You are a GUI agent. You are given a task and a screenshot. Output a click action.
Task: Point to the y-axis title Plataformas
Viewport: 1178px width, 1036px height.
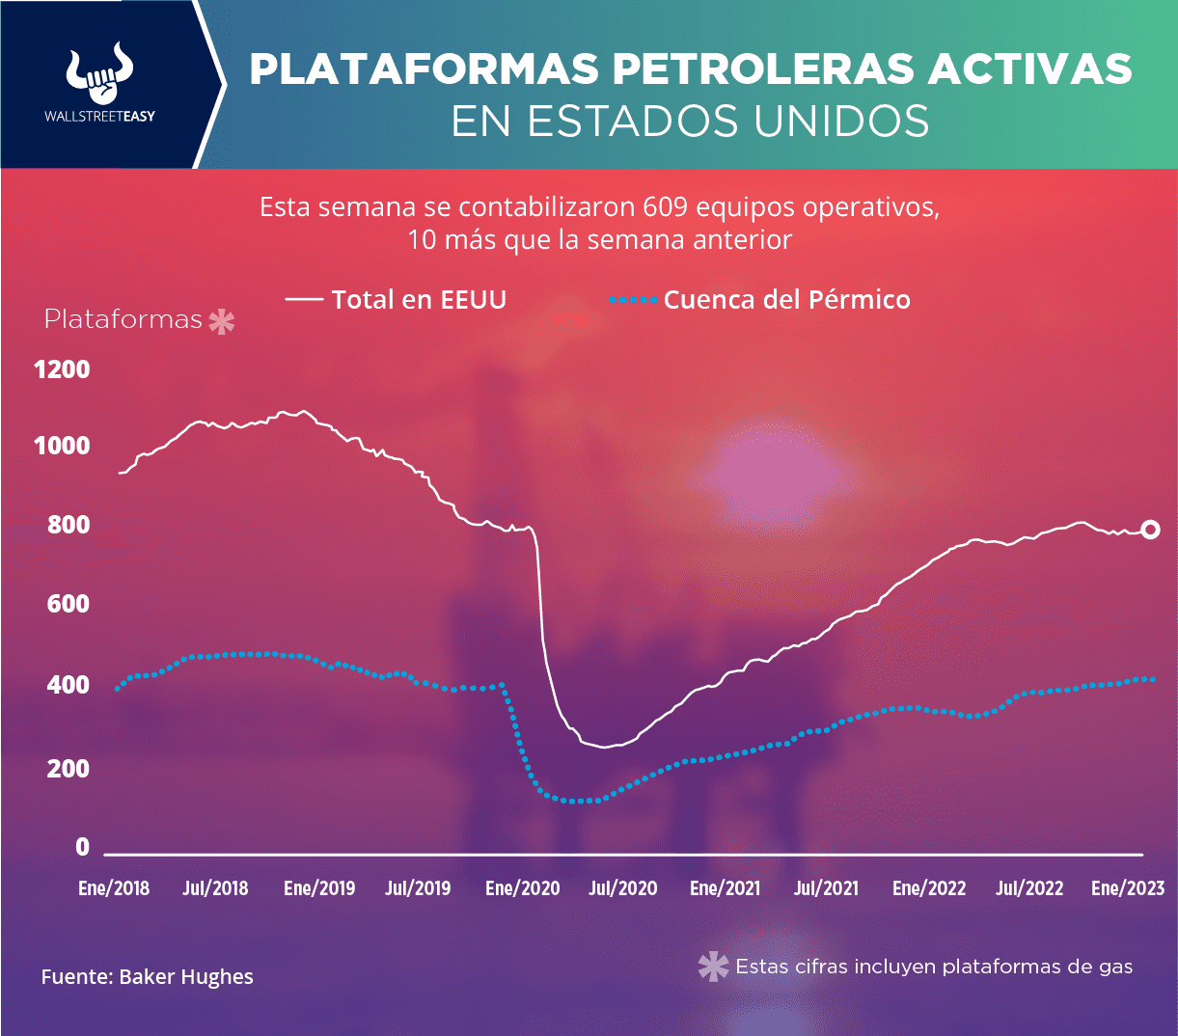(x=123, y=319)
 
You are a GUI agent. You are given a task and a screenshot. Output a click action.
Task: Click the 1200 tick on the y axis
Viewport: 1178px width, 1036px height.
(x=63, y=369)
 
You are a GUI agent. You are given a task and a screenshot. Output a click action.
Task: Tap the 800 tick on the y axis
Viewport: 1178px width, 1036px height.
(x=69, y=526)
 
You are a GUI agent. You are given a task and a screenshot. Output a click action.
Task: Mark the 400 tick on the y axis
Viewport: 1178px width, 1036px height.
(x=69, y=686)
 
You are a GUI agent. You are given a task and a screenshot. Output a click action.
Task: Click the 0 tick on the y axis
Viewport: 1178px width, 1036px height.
(x=82, y=847)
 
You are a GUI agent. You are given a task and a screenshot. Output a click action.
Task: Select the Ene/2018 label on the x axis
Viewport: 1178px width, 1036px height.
(x=114, y=888)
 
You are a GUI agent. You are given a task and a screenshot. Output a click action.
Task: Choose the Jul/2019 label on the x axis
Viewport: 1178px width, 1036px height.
(x=418, y=888)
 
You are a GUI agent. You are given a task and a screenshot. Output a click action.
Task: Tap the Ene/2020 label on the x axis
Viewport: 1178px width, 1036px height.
(x=522, y=888)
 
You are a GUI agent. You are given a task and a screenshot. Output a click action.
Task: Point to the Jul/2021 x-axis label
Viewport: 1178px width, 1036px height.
(x=826, y=888)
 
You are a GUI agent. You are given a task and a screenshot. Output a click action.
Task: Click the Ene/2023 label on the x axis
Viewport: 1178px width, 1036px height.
(x=1128, y=888)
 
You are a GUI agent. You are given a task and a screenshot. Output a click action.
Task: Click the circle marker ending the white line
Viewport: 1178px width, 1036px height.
(x=1150, y=530)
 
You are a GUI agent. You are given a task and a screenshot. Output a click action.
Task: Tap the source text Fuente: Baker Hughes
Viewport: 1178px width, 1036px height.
(x=147, y=977)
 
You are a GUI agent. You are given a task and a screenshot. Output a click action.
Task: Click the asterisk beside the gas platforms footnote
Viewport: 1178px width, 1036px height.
(x=713, y=967)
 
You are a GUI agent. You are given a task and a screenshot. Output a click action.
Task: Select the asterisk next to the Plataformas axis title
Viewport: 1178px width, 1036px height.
(x=222, y=321)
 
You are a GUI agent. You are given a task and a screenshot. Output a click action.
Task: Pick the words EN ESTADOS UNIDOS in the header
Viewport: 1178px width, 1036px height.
(x=691, y=122)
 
